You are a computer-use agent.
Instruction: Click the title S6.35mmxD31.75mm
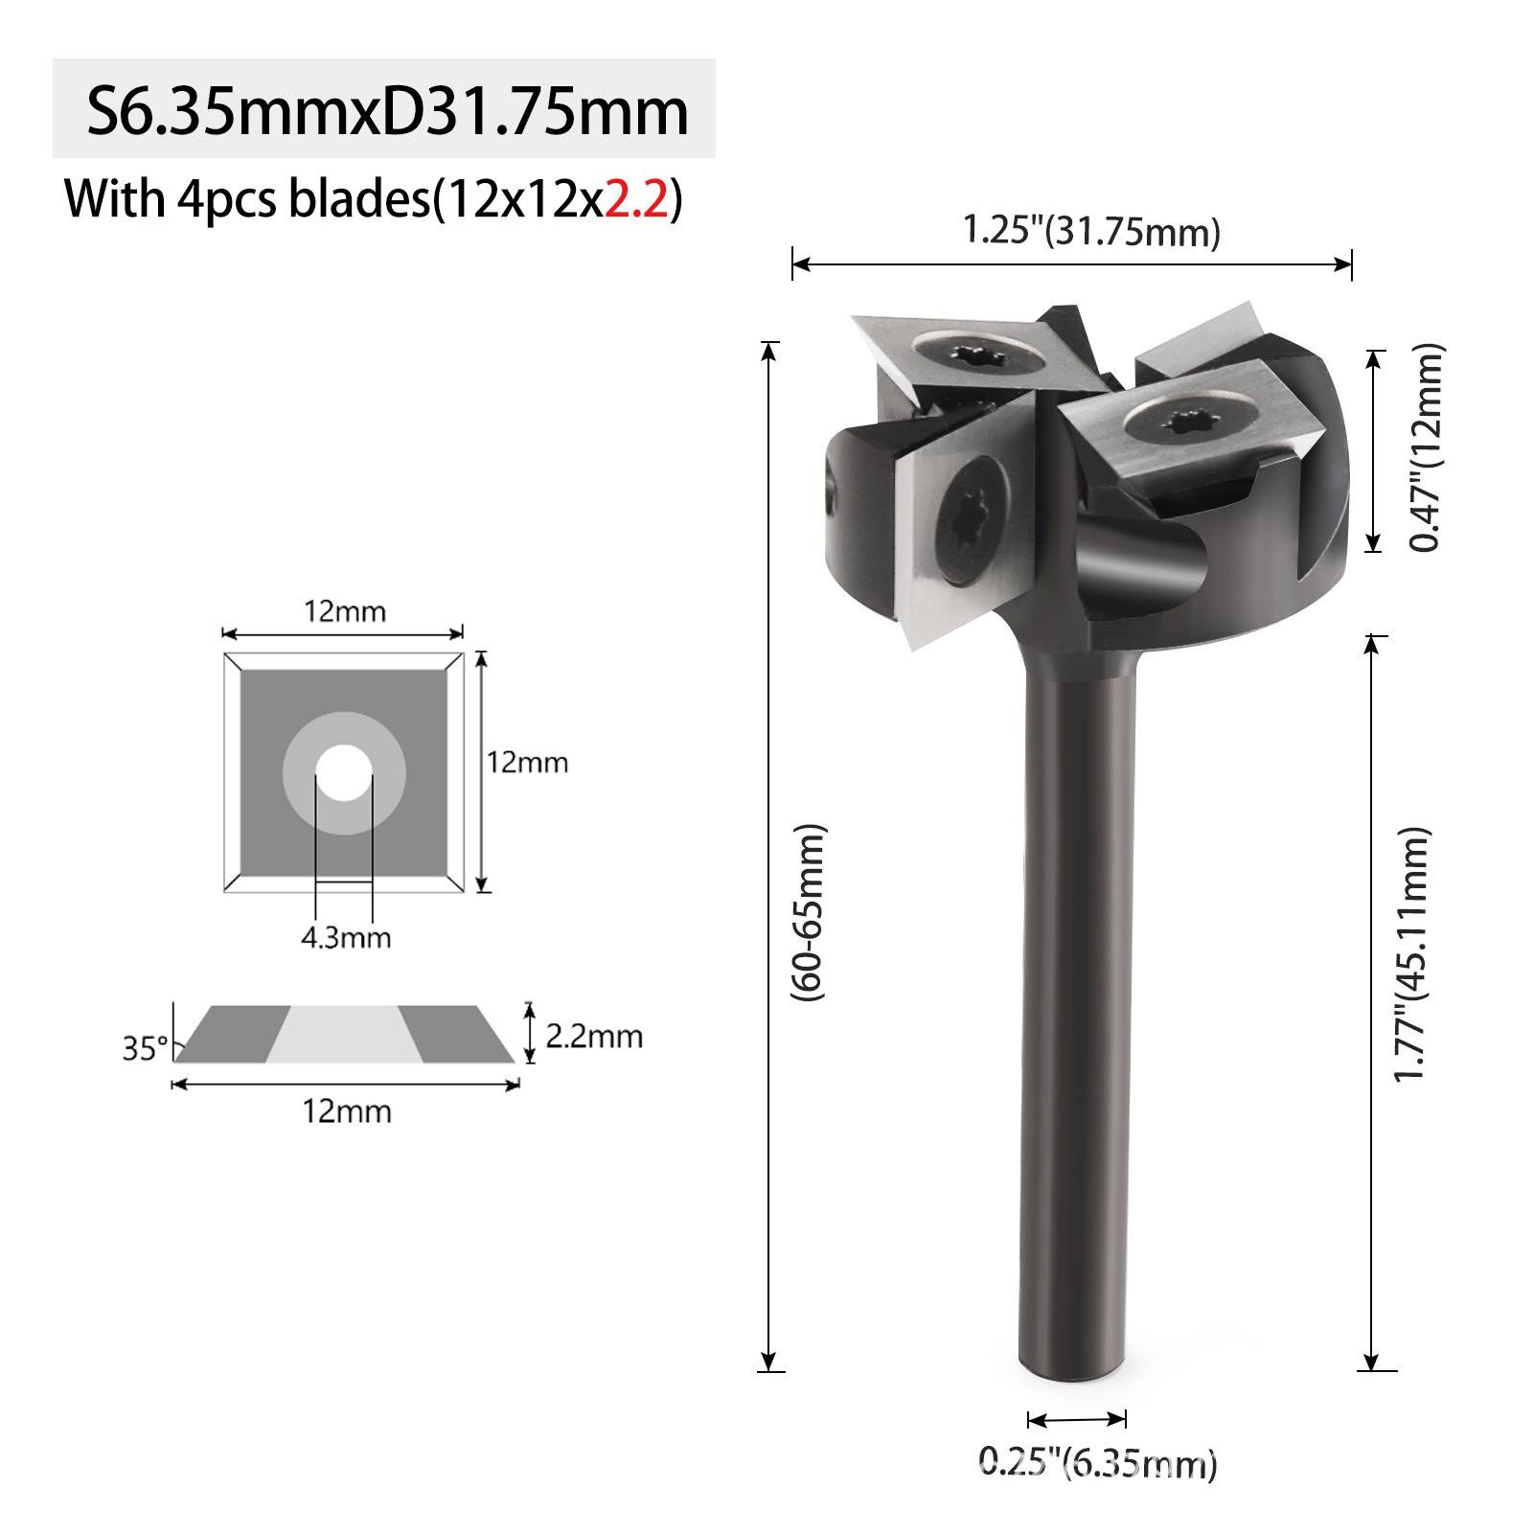pyautogui.click(x=387, y=111)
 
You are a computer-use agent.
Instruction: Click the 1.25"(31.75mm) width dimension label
pyautogui.click(x=1090, y=231)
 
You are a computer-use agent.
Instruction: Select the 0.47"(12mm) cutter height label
pyautogui.click(x=1425, y=448)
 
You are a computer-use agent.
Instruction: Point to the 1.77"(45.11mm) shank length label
pyautogui.click(x=1410, y=953)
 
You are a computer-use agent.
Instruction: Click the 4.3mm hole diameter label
pyautogui.click(x=346, y=936)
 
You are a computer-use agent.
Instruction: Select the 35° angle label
pyautogui.click(x=145, y=1048)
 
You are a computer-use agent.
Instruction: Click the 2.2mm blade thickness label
pyautogui.click(x=593, y=1036)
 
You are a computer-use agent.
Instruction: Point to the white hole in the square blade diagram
pyautogui.click(x=344, y=772)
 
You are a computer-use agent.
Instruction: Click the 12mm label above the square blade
pyautogui.click(x=345, y=610)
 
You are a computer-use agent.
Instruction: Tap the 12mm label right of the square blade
pyautogui.click(x=527, y=763)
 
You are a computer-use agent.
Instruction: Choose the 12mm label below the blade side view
pyautogui.click(x=347, y=1111)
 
